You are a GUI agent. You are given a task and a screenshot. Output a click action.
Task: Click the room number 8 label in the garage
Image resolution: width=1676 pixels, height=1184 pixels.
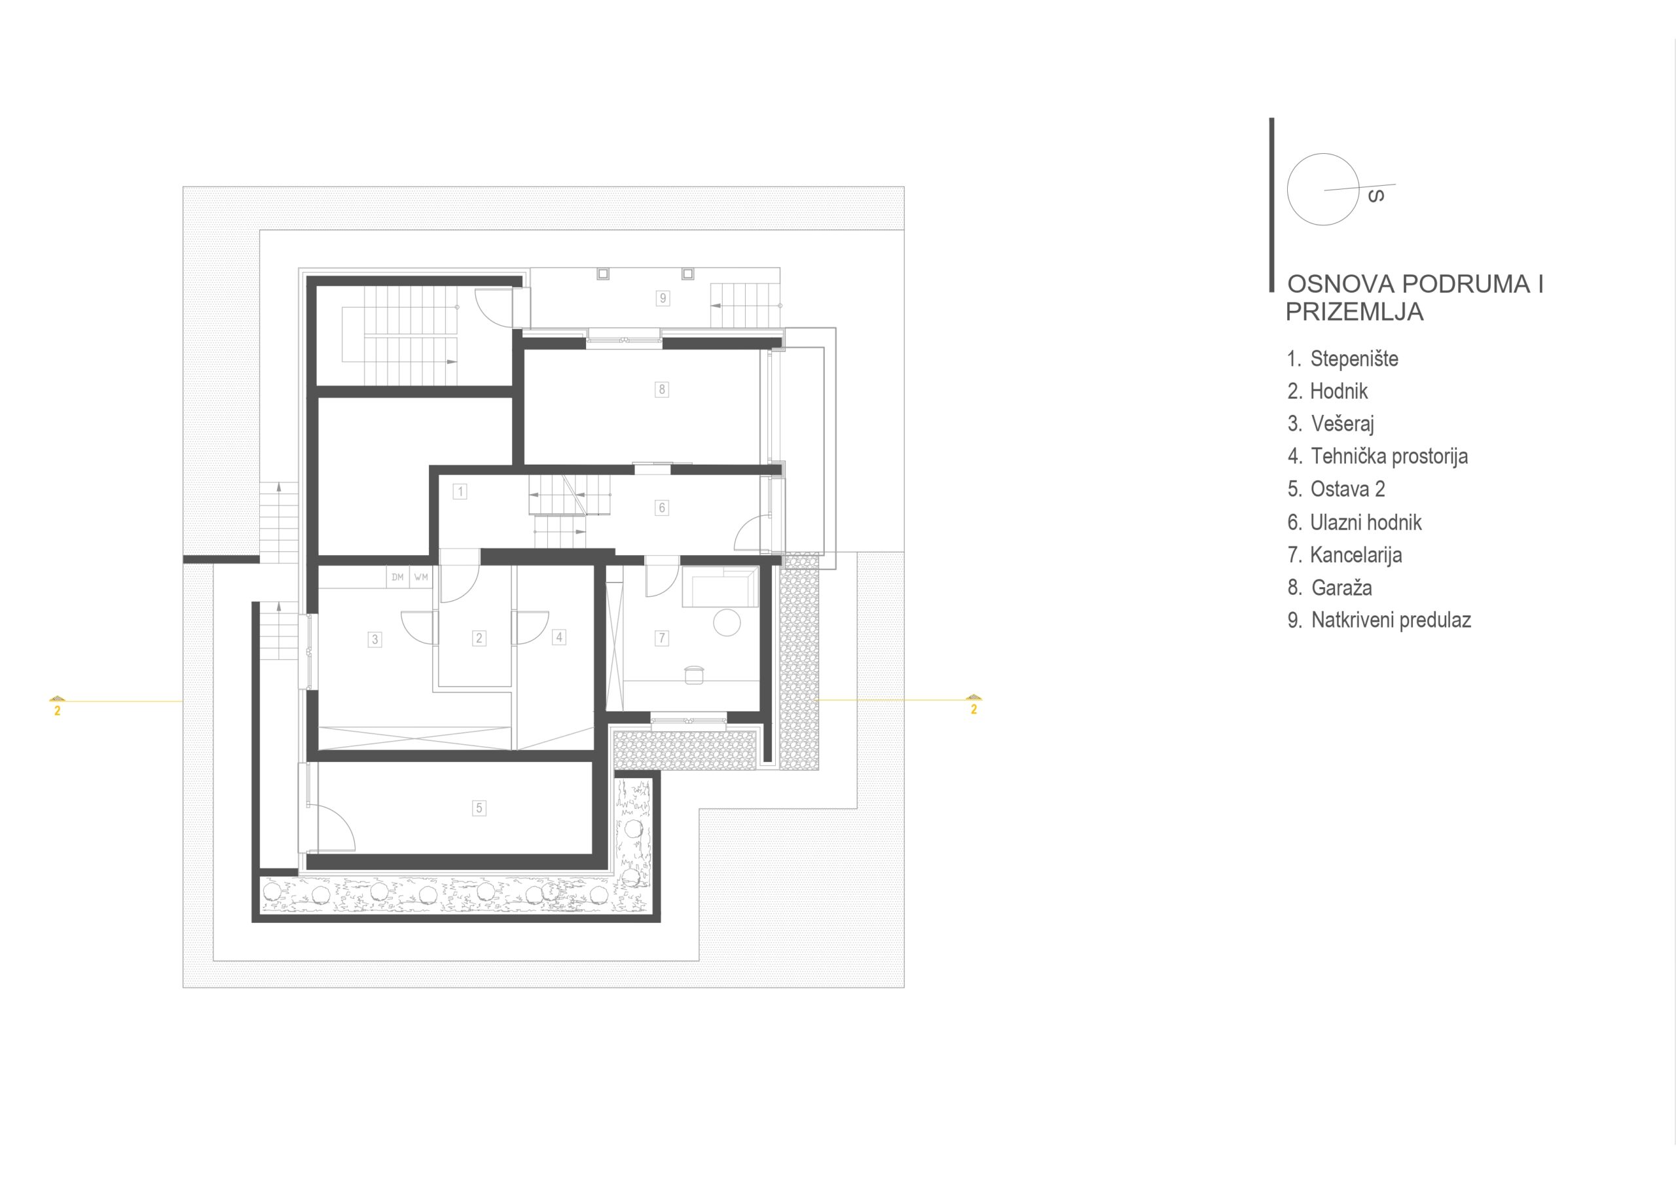tap(661, 389)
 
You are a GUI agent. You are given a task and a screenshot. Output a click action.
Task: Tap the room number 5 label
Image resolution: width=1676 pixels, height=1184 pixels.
tap(479, 808)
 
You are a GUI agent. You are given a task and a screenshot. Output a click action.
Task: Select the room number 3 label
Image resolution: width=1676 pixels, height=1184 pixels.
tap(374, 639)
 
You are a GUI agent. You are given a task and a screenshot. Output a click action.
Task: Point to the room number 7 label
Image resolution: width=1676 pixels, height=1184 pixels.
tap(662, 638)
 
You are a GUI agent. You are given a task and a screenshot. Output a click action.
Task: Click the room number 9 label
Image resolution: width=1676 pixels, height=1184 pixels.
tap(663, 298)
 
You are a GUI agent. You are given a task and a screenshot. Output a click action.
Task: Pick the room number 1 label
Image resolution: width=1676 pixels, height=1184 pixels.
tap(460, 492)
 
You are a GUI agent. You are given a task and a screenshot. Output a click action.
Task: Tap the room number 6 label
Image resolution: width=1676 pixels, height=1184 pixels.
tap(661, 507)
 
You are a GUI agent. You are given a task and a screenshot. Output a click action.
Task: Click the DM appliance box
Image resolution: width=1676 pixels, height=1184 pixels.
tap(397, 577)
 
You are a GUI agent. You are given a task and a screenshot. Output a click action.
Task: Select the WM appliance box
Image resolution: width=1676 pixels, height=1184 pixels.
tap(421, 577)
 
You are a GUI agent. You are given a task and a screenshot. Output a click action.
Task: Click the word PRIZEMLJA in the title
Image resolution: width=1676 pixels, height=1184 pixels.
tap(1354, 312)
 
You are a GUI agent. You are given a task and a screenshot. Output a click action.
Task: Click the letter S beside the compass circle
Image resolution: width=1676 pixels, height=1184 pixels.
tap(1376, 196)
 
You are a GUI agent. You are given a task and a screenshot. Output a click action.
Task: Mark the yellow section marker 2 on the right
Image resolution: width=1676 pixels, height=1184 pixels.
tap(973, 705)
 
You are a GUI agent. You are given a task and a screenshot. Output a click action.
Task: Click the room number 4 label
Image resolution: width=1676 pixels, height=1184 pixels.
tap(559, 637)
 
